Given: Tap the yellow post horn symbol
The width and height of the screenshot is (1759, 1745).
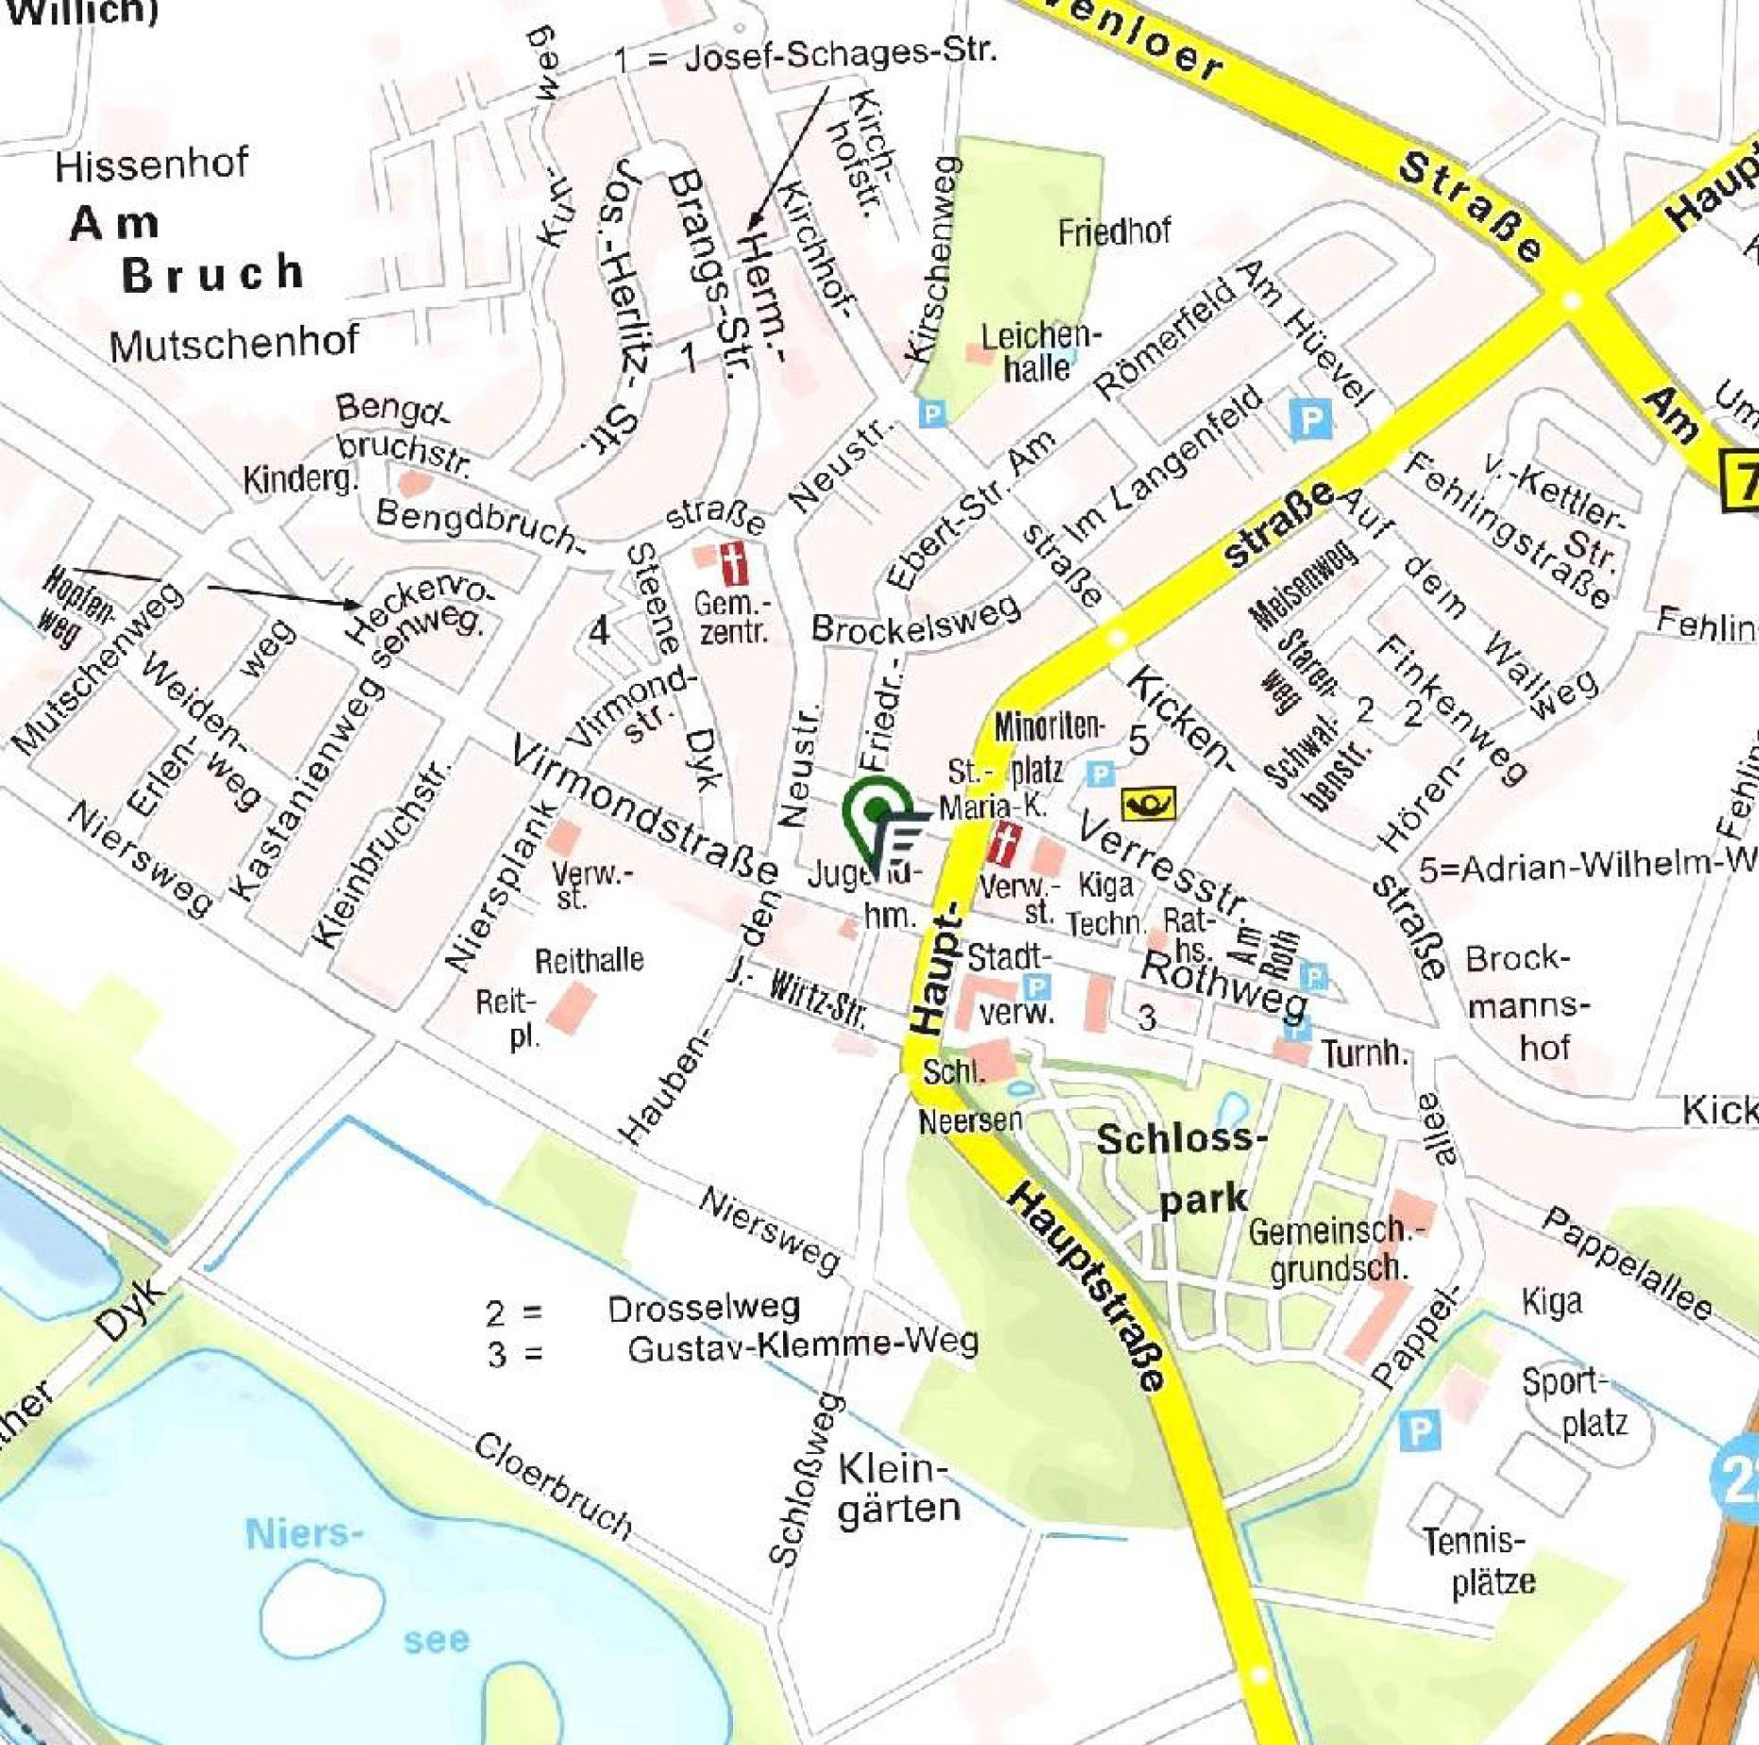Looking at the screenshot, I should click(1148, 804).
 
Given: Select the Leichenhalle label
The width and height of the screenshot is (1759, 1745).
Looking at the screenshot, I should click(1039, 352).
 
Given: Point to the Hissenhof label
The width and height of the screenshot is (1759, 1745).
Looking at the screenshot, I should click(151, 166).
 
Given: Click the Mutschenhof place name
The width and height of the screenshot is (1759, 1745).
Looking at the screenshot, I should click(233, 344).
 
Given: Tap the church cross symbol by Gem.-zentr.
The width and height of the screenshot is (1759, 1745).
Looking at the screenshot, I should click(733, 564).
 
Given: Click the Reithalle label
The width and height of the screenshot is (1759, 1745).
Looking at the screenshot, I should click(589, 961).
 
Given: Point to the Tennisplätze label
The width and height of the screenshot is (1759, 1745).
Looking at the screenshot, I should click(1483, 1564).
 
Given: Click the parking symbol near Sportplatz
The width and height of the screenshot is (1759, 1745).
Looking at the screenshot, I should click(1418, 1430).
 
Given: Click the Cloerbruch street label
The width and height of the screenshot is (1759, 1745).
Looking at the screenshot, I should click(552, 1483).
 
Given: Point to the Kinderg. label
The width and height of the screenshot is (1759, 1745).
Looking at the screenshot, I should click(300, 479).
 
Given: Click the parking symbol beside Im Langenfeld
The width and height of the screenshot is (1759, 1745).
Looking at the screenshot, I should click(1310, 418).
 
